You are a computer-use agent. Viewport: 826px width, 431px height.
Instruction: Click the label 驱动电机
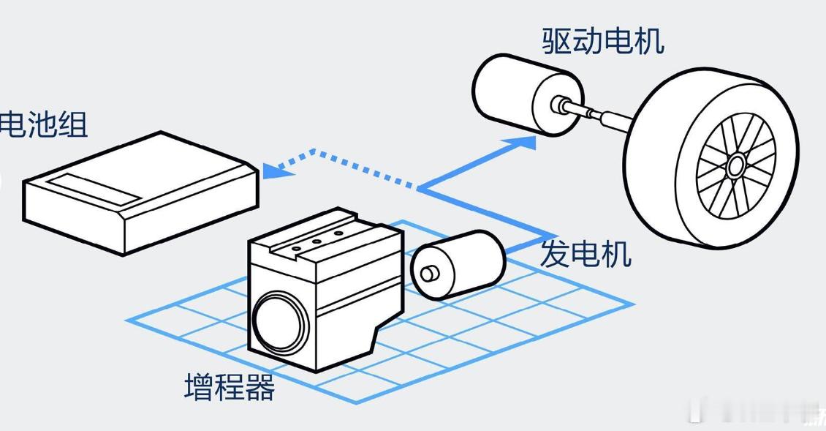click(x=603, y=41)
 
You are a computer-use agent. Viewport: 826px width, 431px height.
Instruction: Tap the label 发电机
click(x=585, y=255)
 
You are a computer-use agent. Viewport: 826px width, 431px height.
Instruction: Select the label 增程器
click(x=230, y=387)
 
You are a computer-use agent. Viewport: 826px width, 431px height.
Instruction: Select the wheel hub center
click(x=735, y=167)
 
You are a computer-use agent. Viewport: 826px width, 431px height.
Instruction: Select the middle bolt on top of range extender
click(x=317, y=241)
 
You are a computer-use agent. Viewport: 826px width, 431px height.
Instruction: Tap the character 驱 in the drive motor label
click(x=557, y=41)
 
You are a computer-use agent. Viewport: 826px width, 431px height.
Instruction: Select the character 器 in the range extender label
click(x=259, y=387)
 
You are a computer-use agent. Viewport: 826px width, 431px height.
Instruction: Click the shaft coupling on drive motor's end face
click(x=561, y=104)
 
